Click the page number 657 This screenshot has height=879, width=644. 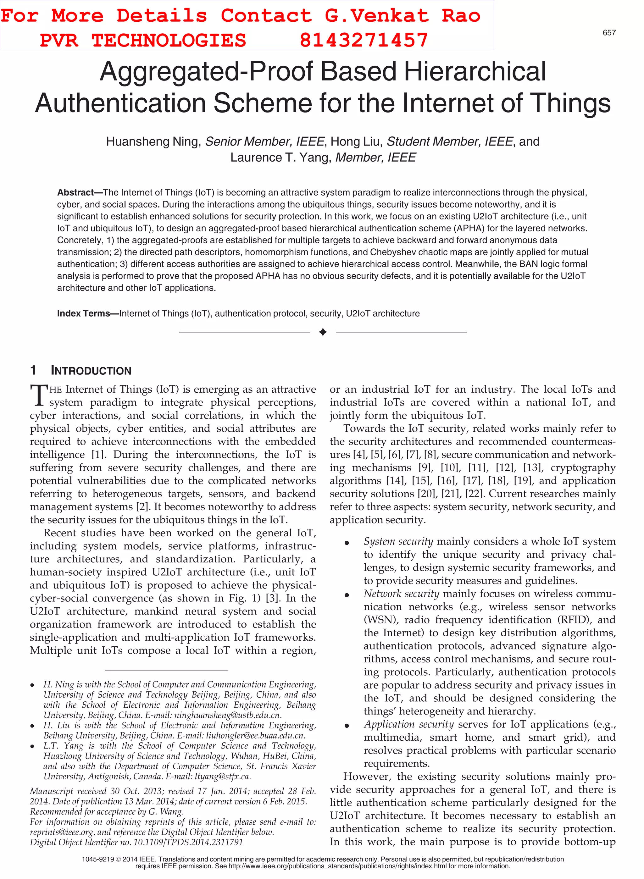point(609,33)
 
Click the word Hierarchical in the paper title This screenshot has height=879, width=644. point(475,71)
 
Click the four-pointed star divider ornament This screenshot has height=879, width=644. point(322,332)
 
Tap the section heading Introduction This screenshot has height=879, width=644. point(91,371)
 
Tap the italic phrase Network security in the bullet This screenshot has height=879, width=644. point(401,594)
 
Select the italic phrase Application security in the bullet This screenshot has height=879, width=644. point(408,724)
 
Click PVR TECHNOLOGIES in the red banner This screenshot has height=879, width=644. point(143,40)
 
